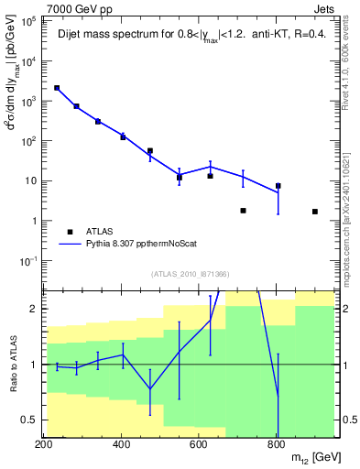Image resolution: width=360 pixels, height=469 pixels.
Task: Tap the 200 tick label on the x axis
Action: (44, 443)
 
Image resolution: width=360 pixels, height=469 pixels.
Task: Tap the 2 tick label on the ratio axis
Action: (33, 309)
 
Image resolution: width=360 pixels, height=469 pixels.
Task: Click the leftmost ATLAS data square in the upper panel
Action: (57, 88)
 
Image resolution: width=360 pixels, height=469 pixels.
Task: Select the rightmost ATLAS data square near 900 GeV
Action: (315, 212)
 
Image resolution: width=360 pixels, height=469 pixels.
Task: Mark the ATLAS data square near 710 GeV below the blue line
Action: (243, 211)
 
